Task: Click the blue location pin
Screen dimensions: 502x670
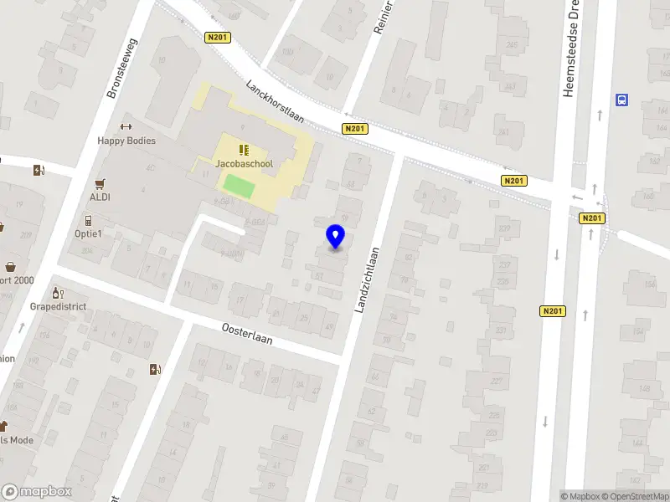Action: (x=336, y=236)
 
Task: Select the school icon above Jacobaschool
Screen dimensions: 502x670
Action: (x=244, y=150)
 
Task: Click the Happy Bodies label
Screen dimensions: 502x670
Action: (x=126, y=141)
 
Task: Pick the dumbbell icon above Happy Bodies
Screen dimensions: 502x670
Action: (x=126, y=127)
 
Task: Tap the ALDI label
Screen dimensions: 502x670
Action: (x=100, y=197)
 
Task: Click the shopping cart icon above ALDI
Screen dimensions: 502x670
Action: (x=100, y=183)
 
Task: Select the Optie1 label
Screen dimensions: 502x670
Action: (x=88, y=233)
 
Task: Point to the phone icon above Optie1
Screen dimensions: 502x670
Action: (x=88, y=220)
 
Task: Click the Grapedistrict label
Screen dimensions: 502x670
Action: (x=59, y=306)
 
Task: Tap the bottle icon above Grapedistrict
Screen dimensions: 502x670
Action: (x=57, y=292)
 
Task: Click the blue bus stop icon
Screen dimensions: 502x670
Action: (x=621, y=100)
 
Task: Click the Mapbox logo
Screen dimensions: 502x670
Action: (x=36, y=492)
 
